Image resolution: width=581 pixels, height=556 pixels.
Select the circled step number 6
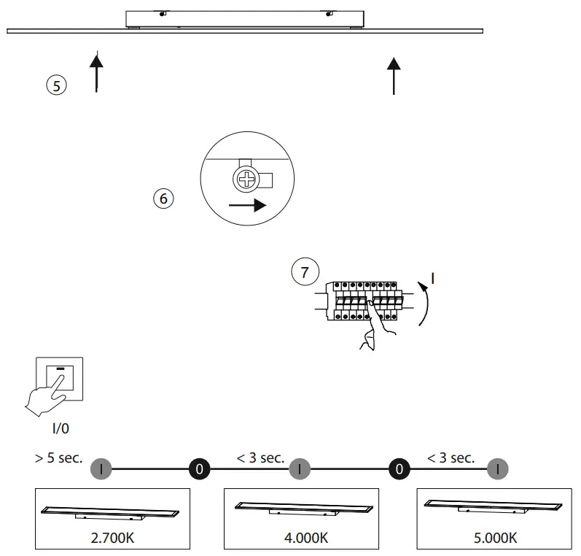pyautogui.click(x=164, y=198)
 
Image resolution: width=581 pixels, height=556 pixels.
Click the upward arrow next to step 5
pyautogui.click(x=96, y=72)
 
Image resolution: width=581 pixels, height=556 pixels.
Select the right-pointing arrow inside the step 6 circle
pyautogui.click(x=246, y=206)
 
